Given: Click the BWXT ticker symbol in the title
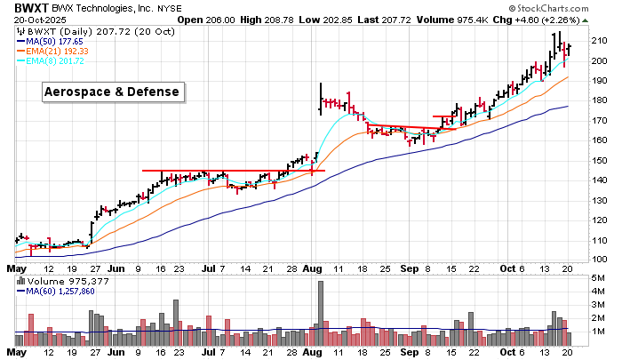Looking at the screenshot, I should click(x=28, y=8).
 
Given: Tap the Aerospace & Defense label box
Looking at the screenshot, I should click(x=113, y=92).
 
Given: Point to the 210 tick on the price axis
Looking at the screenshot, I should click(x=599, y=40).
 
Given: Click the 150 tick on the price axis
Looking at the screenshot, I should click(x=599, y=160).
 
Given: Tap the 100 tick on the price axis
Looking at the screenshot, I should click(x=599, y=260).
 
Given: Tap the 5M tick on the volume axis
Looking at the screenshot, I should click(x=598, y=279).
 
